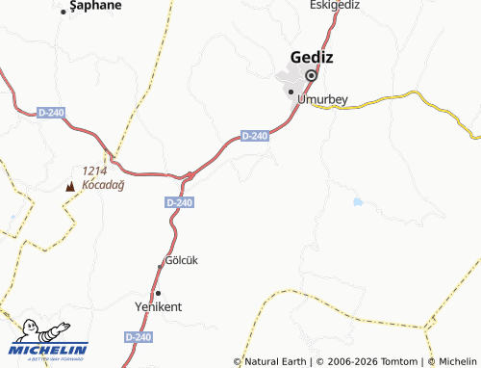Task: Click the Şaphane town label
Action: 96,5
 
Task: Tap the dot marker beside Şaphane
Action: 63,11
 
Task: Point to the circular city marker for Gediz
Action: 311,75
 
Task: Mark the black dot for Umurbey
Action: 291,92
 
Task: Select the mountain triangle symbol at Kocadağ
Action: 69,183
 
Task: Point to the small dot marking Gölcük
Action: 161,266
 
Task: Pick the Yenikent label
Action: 158,306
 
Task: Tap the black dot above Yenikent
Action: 158,292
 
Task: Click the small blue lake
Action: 358,202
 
